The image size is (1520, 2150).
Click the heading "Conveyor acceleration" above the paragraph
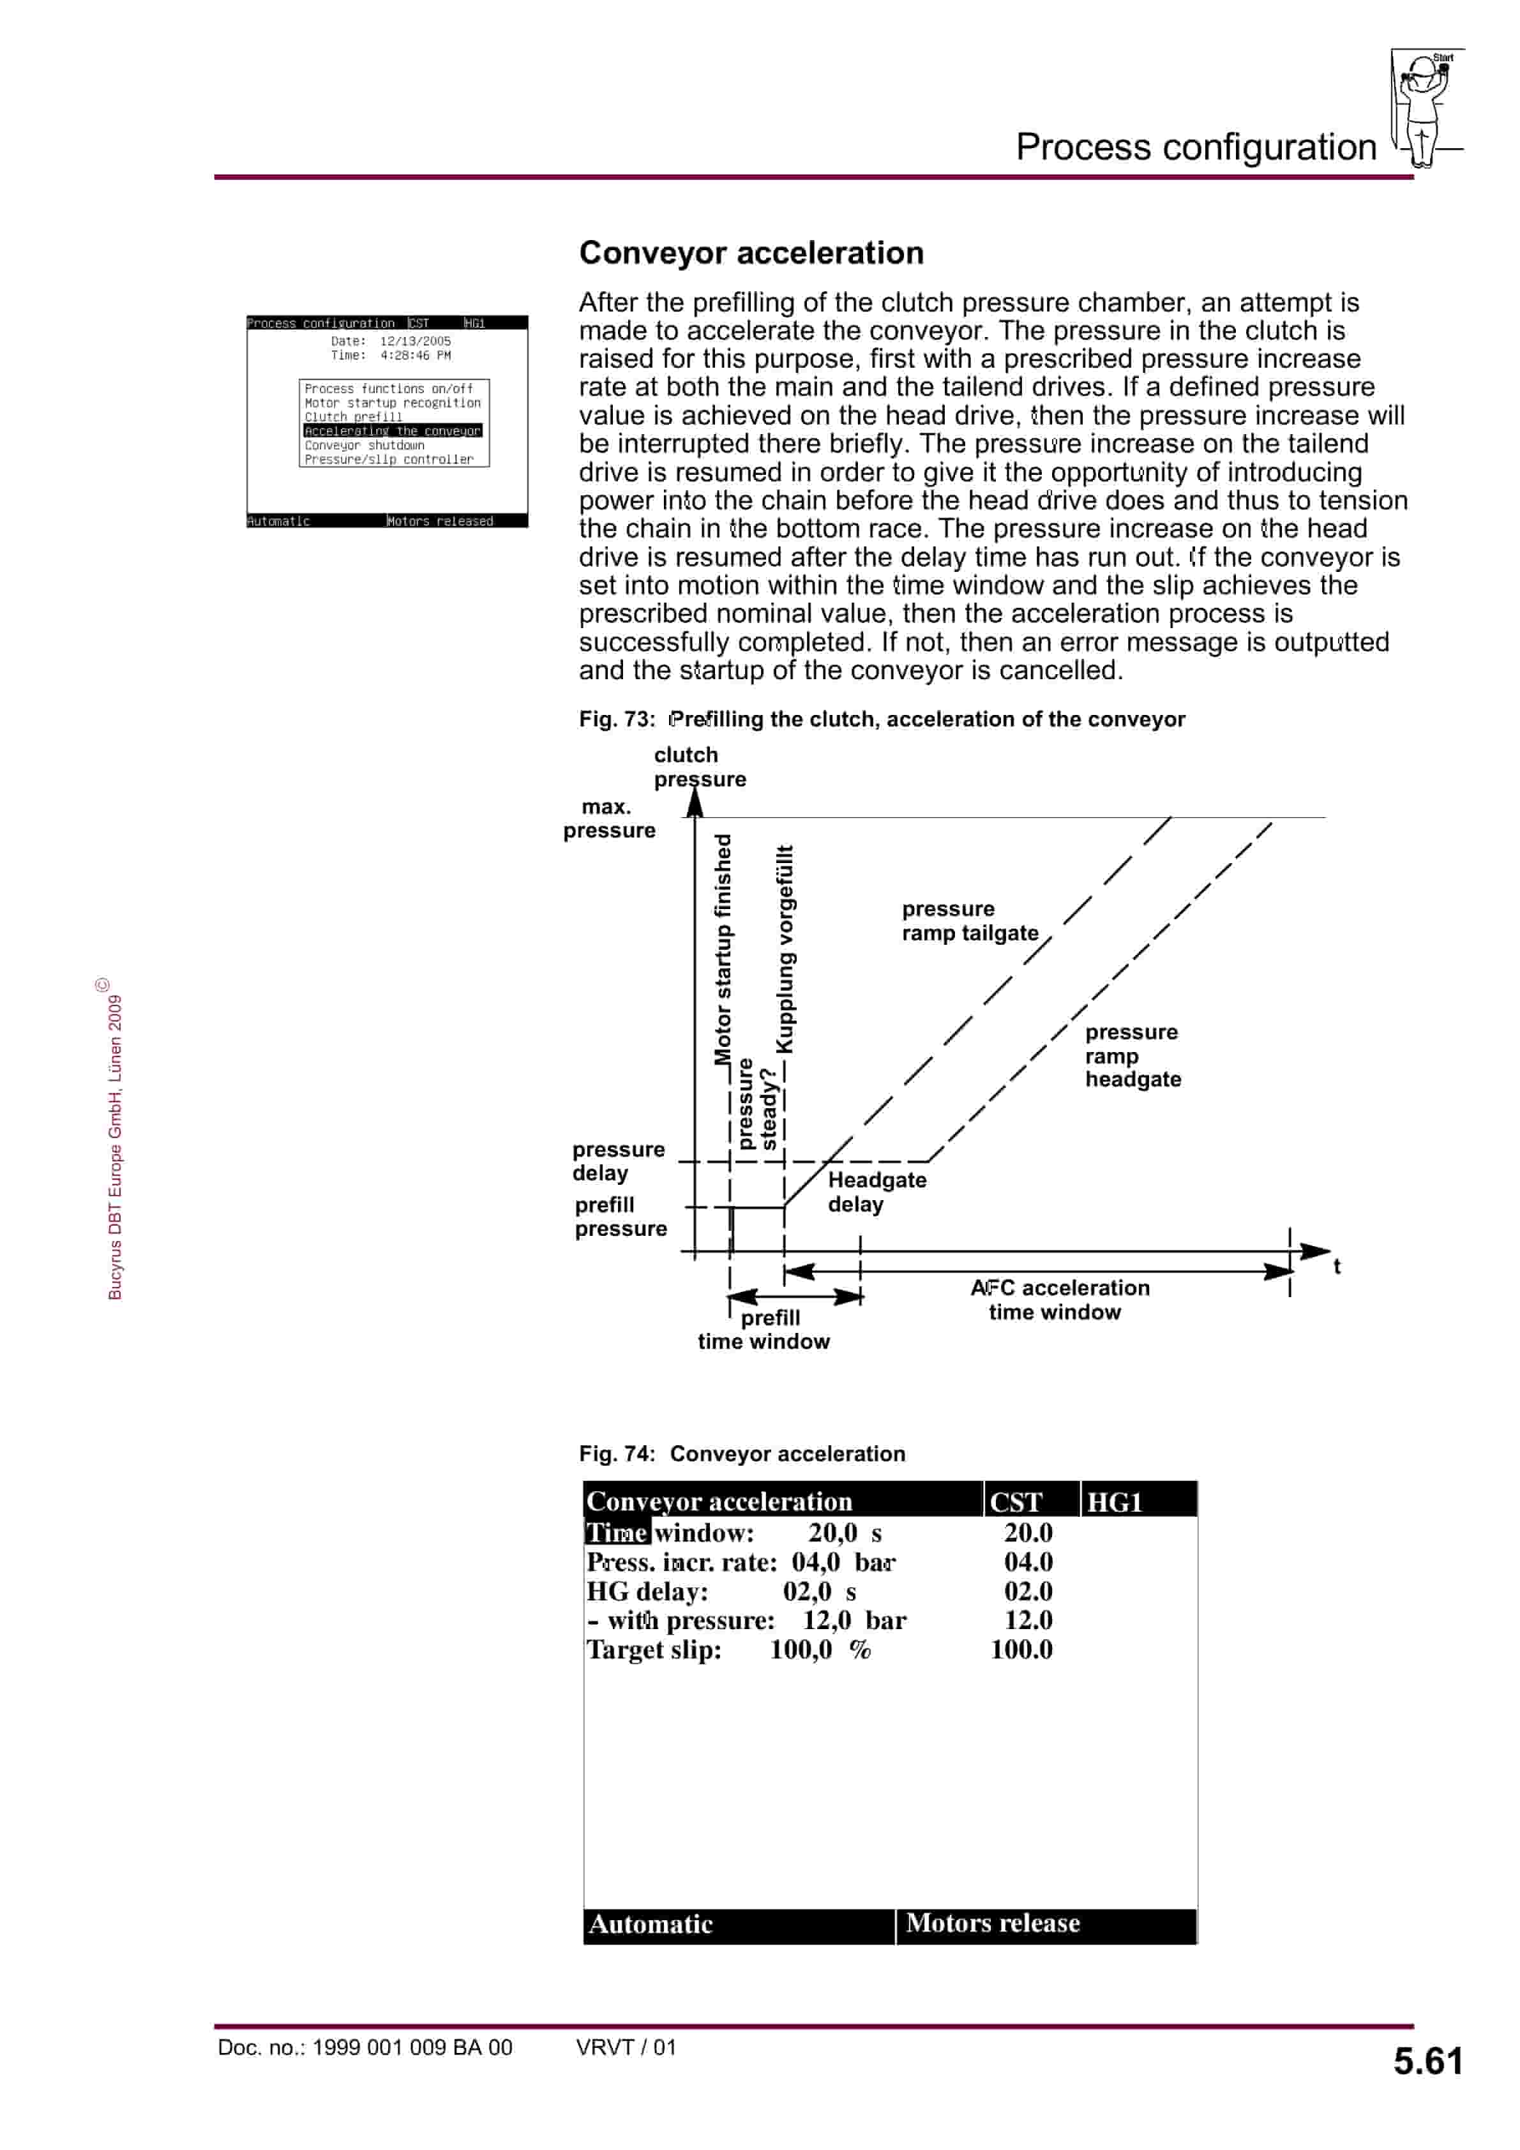751,253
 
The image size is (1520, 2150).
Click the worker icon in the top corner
1424,108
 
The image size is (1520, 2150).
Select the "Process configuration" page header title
1195,147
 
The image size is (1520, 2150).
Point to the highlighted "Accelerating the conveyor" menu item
393,431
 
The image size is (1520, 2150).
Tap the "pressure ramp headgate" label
1132,1055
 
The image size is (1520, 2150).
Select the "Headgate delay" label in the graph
876,1192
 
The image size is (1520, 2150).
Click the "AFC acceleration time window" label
1058,1300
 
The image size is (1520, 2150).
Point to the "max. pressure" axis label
609,818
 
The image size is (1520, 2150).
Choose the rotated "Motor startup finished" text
723,949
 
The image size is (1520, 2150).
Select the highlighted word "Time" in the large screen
616,1533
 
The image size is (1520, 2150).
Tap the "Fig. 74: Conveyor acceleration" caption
742,1454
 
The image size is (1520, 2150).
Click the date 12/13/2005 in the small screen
415,342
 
